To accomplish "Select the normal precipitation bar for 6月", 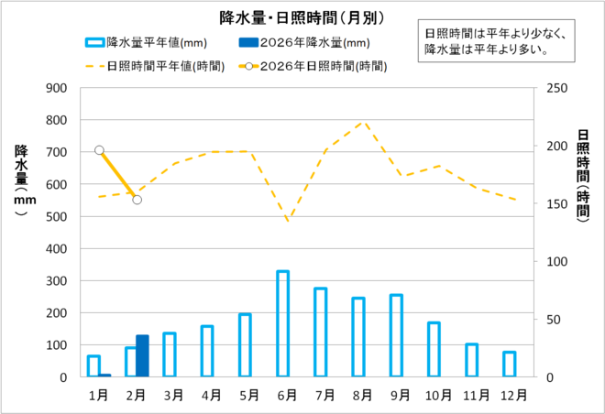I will [282, 324].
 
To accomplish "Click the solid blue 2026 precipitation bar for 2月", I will [142, 356].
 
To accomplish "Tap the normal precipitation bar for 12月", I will [509, 365].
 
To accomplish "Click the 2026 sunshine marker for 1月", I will [99, 150].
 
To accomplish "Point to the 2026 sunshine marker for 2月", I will [137, 200].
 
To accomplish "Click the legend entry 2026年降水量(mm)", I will [302, 42].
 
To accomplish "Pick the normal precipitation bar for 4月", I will [207, 352].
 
